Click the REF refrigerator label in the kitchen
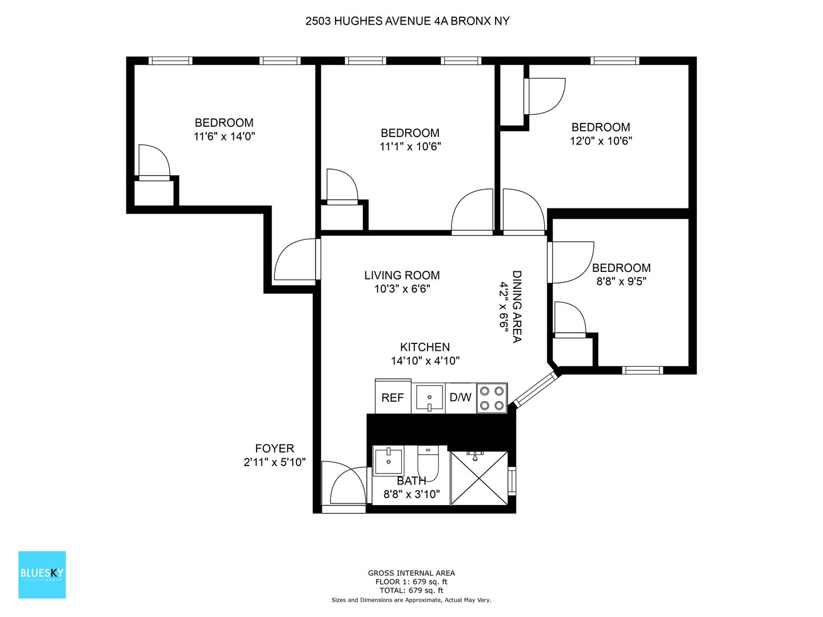[392, 398]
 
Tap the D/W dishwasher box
[461, 398]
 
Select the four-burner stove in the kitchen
[492, 398]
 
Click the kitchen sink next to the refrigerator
[429, 398]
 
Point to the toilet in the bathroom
[428, 463]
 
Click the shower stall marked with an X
[479, 478]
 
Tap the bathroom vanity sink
[389, 460]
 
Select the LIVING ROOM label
[402, 275]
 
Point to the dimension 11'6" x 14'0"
[224, 137]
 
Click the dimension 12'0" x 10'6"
[601, 141]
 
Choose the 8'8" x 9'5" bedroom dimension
[621, 281]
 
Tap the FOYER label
[274, 448]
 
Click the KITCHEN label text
[425, 347]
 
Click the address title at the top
[407, 21]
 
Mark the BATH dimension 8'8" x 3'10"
[411, 495]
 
